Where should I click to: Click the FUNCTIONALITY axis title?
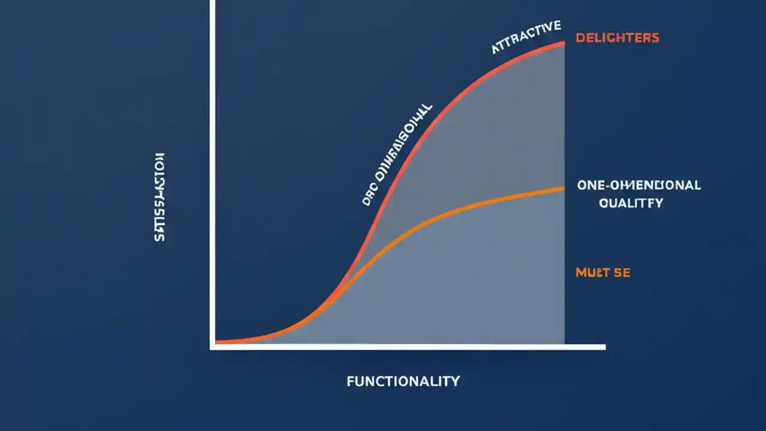[x=403, y=381]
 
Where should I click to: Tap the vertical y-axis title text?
[x=159, y=197]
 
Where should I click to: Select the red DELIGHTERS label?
[x=617, y=38]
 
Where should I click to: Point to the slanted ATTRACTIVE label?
[x=526, y=37]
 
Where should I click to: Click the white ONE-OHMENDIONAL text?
[x=639, y=185]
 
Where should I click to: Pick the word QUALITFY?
[x=631, y=203]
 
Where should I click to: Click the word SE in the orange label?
[x=621, y=273]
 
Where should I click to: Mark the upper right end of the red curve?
[x=564, y=43]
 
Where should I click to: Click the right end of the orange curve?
[x=564, y=189]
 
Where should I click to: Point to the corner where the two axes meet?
[x=212, y=346]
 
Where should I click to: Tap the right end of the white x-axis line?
[x=604, y=347]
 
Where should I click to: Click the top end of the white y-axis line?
[x=212, y=2]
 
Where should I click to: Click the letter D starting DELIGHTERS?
[x=579, y=38]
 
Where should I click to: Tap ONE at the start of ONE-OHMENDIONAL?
[x=589, y=185]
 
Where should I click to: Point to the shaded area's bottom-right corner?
[x=563, y=343]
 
